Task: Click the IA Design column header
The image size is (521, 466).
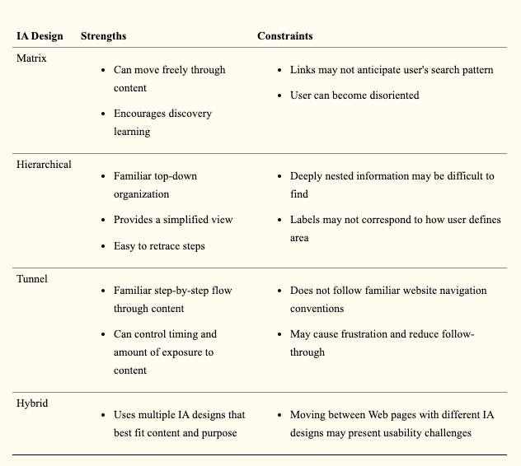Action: coord(40,36)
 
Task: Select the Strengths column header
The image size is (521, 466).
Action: coord(103,36)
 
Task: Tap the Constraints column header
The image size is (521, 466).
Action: coord(284,36)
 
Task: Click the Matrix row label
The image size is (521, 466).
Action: coord(32,58)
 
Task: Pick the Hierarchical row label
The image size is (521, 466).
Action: coord(44,164)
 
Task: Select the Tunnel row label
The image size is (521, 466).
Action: coord(32,278)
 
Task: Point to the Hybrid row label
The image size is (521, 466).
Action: coord(33,403)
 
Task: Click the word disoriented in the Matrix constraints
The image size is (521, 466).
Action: coord(388,96)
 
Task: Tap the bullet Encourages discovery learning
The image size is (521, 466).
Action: coord(162,122)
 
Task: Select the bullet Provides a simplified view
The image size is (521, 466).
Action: coord(173,220)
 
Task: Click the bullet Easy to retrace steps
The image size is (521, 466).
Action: coord(159,245)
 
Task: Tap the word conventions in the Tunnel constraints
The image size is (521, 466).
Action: coord(317,309)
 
